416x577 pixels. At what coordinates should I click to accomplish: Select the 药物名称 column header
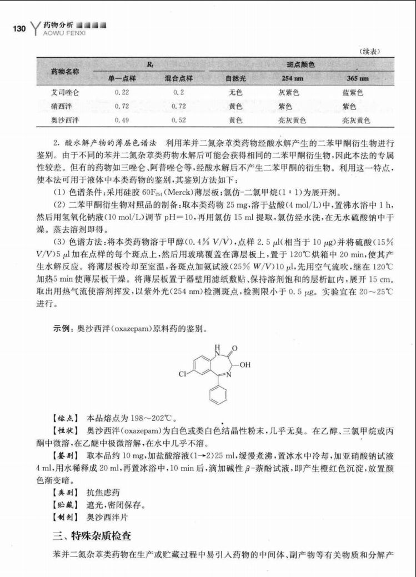pyautogui.click(x=65, y=71)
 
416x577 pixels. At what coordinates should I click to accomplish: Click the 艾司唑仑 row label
pyautogui.click(x=65, y=92)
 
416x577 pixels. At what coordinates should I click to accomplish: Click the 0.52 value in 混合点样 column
pyautogui.click(x=179, y=119)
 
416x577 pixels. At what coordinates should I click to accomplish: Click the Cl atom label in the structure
pyautogui.click(x=182, y=374)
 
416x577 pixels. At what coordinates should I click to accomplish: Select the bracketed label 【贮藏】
pyautogui.click(x=64, y=505)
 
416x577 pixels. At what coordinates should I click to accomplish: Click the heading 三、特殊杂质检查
pyautogui.click(x=92, y=536)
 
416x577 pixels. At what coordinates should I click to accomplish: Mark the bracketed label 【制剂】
pyautogui.click(x=64, y=518)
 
